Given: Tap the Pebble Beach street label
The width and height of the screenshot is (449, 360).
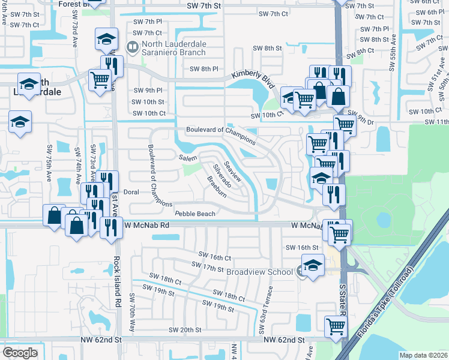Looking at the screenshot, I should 194,214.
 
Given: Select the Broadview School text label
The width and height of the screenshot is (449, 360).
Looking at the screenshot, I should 259,272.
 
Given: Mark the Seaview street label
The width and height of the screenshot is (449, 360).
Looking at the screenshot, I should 232,171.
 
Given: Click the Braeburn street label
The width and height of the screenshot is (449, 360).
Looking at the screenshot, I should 217,187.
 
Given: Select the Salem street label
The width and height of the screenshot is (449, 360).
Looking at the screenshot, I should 188,157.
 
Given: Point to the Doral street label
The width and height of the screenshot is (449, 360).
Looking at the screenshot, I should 131,192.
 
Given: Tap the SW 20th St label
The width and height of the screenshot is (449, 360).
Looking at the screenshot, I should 185,330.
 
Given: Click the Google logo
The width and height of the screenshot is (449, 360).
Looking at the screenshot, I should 20,352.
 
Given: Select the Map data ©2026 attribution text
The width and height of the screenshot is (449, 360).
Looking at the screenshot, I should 423,355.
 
